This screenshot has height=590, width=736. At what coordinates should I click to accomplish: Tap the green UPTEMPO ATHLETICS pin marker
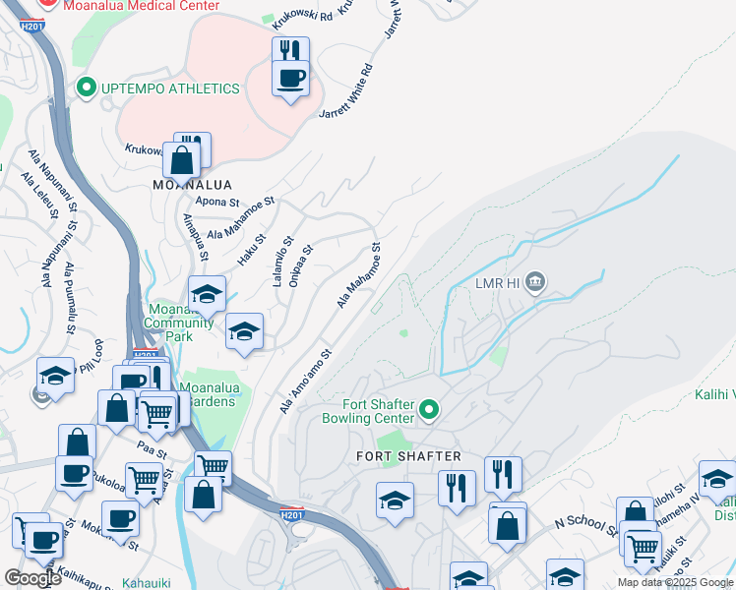click(87, 88)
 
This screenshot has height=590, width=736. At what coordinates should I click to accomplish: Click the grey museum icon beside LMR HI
click(534, 284)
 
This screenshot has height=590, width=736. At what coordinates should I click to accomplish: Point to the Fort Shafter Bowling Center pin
click(428, 409)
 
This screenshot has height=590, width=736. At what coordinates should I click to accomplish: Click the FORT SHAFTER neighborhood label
click(408, 456)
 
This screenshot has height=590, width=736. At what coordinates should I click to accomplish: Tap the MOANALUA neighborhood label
click(193, 185)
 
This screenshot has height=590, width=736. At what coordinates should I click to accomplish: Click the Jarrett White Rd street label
click(346, 92)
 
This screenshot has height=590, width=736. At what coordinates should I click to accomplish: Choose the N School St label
click(584, 526)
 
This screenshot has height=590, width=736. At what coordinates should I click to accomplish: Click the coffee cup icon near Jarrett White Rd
click(290, 78)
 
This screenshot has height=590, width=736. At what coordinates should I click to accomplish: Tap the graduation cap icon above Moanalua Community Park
click(207, 294)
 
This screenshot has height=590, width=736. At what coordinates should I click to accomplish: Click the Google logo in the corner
click(32, 578)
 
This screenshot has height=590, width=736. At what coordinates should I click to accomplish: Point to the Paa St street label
click(152, 443)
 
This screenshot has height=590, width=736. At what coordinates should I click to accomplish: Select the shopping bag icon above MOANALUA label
click(182, 158)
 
